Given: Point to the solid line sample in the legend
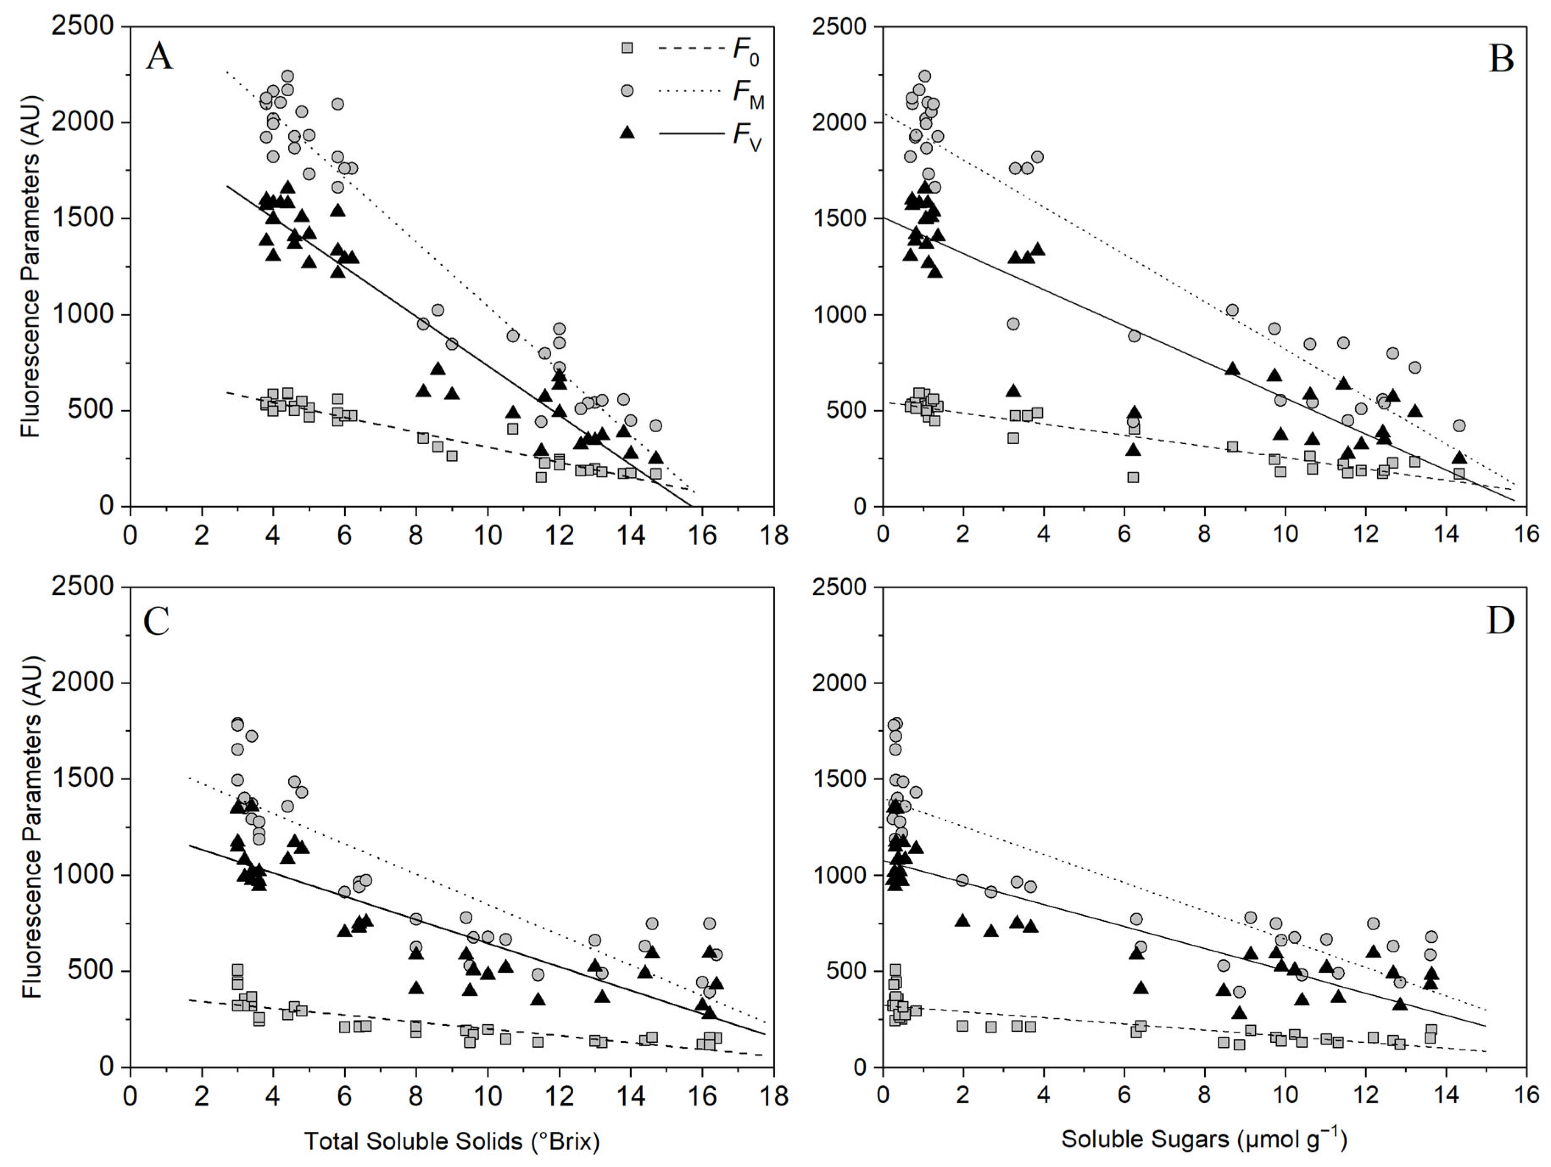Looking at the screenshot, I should (x=691, y=132).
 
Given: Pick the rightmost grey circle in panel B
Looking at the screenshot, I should (x=1459, y=426).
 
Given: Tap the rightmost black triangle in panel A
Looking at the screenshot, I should (x=656, y=457).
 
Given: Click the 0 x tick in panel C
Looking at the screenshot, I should (x=130, y=1095).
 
